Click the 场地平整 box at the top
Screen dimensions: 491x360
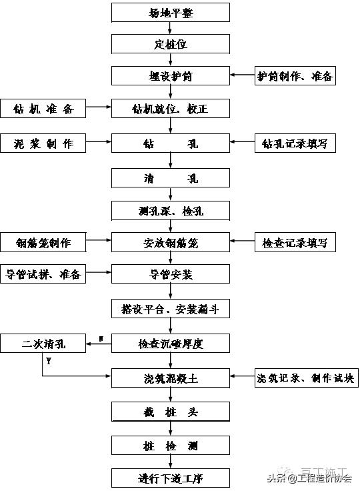171,11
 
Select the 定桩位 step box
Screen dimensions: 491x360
171,44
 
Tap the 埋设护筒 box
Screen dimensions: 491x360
171,77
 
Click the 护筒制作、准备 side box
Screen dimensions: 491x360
295,77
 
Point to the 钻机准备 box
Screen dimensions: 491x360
43,109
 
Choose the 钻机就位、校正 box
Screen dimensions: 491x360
171,109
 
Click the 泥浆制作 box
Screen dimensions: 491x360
43,142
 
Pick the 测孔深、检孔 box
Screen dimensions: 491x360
171,211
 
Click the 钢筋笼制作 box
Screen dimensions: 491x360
43,242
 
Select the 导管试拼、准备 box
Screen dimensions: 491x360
43,274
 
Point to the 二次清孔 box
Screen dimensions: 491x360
43,344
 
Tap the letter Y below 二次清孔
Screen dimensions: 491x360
49,361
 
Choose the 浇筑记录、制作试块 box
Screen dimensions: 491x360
306,378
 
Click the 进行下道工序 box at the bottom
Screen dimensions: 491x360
171,478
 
